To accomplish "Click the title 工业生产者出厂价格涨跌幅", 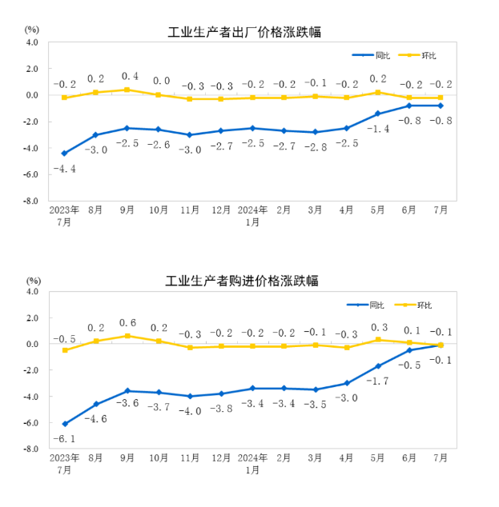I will (249, 32).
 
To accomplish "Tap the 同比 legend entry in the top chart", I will (369, 55).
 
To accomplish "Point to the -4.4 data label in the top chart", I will (65, 169).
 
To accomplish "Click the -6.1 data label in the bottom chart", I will (63, 439).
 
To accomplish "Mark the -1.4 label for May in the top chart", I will (377, 128).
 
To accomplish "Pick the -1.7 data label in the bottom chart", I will (377, 381).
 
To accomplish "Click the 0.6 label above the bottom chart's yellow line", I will (127, 322).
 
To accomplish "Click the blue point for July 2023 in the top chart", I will (64, 153).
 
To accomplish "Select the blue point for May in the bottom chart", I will (377, 366).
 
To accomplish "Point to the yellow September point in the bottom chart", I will (127, 336).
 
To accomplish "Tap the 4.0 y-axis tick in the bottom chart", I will (33, 292).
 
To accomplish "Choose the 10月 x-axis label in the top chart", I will (159, 210).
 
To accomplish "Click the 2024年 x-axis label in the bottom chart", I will (252, 459).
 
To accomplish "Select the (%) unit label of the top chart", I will (32, 30).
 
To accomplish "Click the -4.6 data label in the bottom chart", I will (96, 418).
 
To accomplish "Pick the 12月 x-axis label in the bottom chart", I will (221, 459).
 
